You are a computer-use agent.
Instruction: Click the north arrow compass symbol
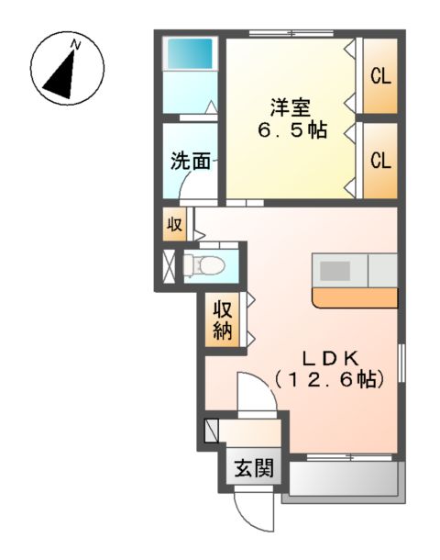tap(67, 71)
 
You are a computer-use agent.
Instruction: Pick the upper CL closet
tap(380, 76)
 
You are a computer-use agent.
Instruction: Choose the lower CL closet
tap(380, 160)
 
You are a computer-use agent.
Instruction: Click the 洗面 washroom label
tap(191, 162)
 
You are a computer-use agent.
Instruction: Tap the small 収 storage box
tap(174, 223)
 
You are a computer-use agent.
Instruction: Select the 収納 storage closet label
tap(224, 321)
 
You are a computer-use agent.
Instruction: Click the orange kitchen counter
tap(355, 298)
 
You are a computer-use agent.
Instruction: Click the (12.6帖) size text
tap(327, 378)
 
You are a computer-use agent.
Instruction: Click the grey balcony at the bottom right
tap(341, 480)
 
